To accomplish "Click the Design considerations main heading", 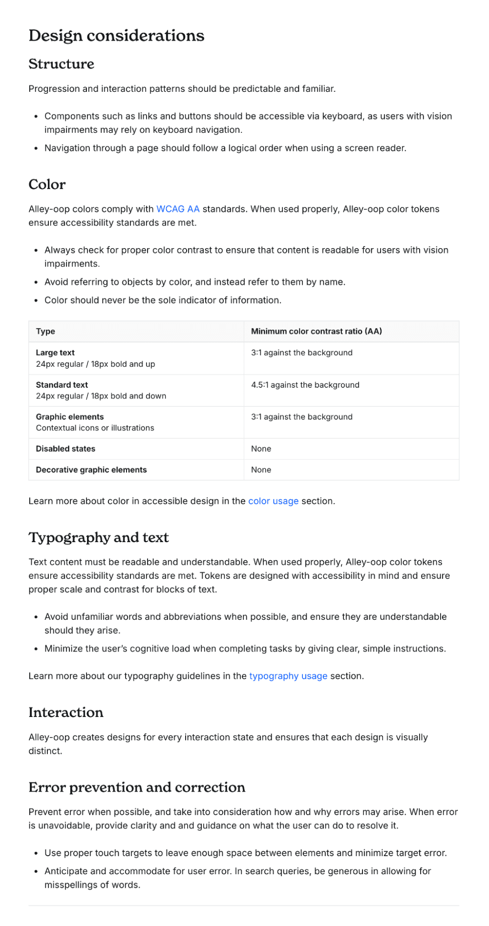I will click(x=116, y=36).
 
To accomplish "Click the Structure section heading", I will click(x=61, y=64).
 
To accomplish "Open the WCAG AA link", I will click(x=178, y=209).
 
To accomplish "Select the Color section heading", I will click(x=47, y=185).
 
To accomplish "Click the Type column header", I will click(x=45, y=331).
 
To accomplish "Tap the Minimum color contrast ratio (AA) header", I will click(x=316, y=331).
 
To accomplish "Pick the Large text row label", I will click(x=55, y=353).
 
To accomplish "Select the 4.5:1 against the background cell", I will click(x=305, y=385).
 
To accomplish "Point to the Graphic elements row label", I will click(x=70, y=417).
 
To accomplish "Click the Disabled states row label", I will click(x=65, y=449).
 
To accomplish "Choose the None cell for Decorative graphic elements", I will click(x=261, y=470).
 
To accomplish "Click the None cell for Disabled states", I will click(x=261, y=449).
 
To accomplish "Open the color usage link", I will click(x=273, y=501).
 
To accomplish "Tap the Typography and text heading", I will click(x=99, y=538).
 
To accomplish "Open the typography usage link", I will click(x=288, y=676).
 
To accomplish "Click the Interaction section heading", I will click(x=66, y=713).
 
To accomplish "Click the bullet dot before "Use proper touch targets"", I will click(x=36, y=854).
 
